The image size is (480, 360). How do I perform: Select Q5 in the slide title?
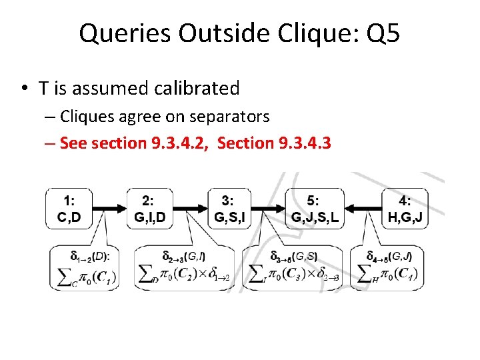(383, 33)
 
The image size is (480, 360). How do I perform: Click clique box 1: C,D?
(69, 209)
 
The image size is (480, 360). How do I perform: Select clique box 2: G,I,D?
(151, 209)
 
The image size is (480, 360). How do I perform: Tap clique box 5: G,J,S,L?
(315, 209)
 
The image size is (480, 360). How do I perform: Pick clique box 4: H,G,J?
(405, 209)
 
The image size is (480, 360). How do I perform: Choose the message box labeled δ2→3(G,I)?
(185, 269)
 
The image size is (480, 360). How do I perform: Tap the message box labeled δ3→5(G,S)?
(293, 269)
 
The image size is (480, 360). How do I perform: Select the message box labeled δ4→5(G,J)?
(389, 269)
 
